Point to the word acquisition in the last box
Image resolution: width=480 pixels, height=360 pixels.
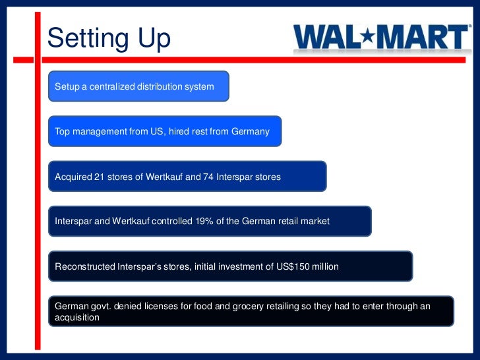tap(77, 317)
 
